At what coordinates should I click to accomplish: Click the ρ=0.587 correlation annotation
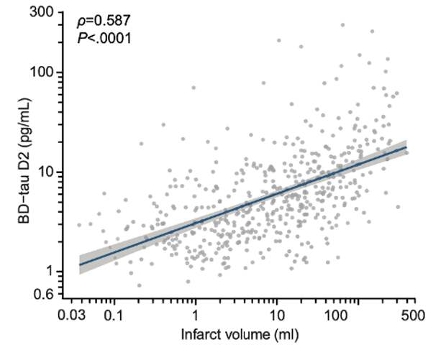[105, 22]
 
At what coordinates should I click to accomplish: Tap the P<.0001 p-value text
[104, 38]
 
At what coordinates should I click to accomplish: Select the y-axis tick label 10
[48, 172]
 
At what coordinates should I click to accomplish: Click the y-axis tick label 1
[51, 271]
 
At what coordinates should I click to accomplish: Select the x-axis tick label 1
[195, 315]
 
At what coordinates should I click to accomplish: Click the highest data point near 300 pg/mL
[342, 24]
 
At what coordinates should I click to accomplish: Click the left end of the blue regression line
[79, 264]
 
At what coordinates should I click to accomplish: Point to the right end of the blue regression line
[407, 147]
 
